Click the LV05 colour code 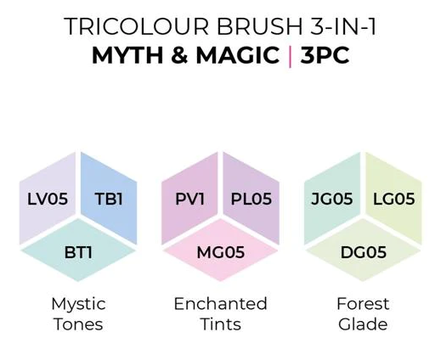48,199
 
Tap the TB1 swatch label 109,199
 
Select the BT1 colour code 78,252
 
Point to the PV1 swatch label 189,199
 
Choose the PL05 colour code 252,199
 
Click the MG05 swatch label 221,252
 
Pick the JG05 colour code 332,199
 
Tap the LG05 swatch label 394,199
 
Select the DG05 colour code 364,252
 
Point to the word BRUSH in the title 260,26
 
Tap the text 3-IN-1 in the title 343,26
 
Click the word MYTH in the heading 127,55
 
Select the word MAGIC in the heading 238,55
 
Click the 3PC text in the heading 325,55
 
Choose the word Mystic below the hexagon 78,305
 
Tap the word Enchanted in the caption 221,304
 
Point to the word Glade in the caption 363,323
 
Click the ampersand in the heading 179,55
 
